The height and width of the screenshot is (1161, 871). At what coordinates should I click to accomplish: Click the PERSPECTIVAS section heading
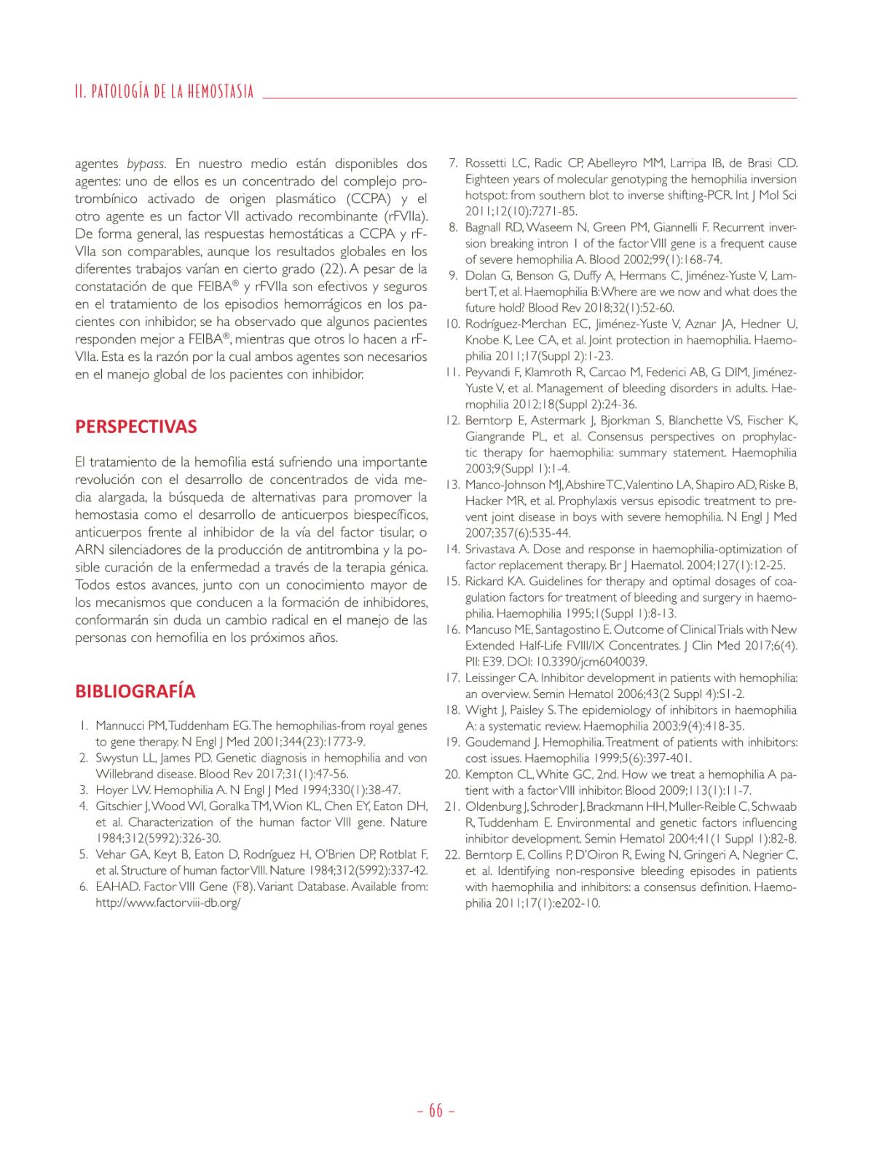pos(135,427)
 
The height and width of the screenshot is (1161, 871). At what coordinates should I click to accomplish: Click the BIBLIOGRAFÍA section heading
pos(135,691)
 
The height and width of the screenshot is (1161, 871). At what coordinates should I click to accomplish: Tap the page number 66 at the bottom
pos(435,1110)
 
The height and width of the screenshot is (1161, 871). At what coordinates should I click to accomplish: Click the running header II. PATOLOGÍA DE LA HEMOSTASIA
pos(164,92)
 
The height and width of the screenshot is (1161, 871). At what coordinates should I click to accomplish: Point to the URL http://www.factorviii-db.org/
pos(168,903)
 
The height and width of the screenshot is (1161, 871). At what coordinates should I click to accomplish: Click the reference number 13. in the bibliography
pos(452,485)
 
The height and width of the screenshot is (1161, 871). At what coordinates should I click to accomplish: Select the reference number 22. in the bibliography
pos(452,855)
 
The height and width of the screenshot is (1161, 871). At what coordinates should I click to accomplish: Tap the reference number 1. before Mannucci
pos(84,726)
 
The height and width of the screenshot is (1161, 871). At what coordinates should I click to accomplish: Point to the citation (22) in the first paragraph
pos(321,269)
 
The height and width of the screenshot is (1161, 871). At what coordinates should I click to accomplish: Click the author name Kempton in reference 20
pos(488,774)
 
